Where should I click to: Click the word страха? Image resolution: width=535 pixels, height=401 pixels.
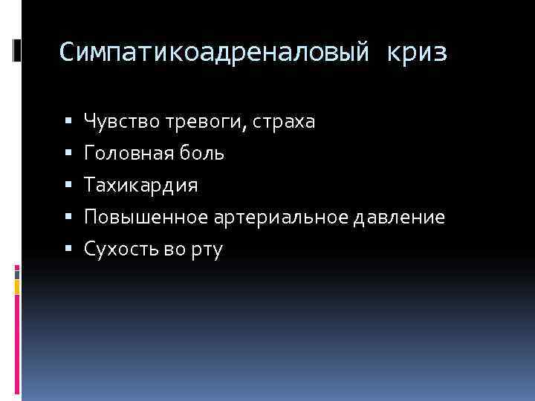[284, 121]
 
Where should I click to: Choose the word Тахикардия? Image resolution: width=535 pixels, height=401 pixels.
[141, 185]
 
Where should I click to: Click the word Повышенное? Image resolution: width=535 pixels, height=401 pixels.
[147, 218]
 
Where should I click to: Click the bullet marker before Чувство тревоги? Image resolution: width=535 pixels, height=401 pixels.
[69, 121]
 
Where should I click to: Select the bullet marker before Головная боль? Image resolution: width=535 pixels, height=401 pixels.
[69, 153]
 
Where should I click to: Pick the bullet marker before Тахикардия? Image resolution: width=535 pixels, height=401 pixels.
[69, 185]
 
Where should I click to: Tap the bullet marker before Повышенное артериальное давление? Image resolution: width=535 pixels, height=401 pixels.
[69, 218]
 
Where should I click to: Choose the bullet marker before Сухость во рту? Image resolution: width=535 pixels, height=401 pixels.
[69, 250]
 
